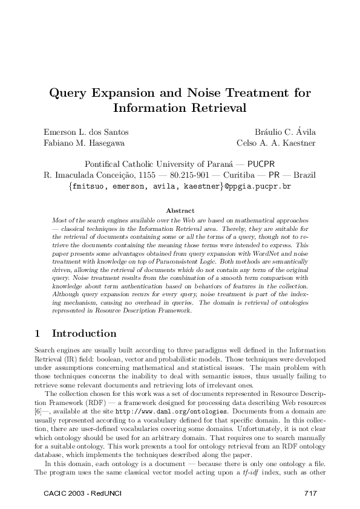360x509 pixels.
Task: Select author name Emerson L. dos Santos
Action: [x=86, y=132]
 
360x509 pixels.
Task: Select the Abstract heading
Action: [x=180, y=210]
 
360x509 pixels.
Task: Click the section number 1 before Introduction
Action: [x=38, y=333]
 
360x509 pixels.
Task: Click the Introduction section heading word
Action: [x=84, y=333]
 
